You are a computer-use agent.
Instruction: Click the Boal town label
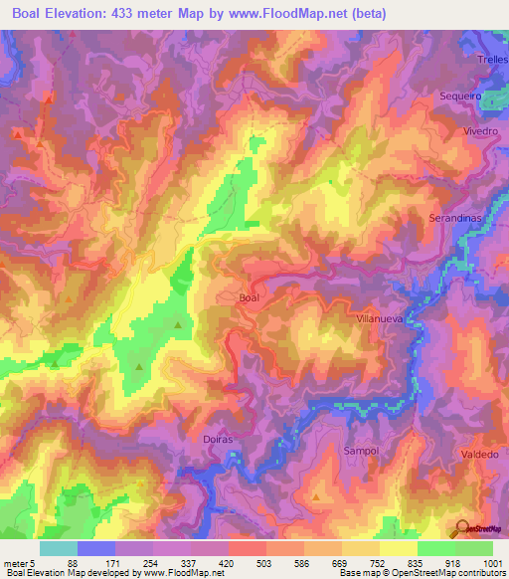[x=252, y=297]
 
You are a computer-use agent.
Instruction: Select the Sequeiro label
[x=459, y=96]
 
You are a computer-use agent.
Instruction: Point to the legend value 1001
[x=490, y=562]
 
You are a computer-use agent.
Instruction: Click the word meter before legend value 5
[x=14, y=562]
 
